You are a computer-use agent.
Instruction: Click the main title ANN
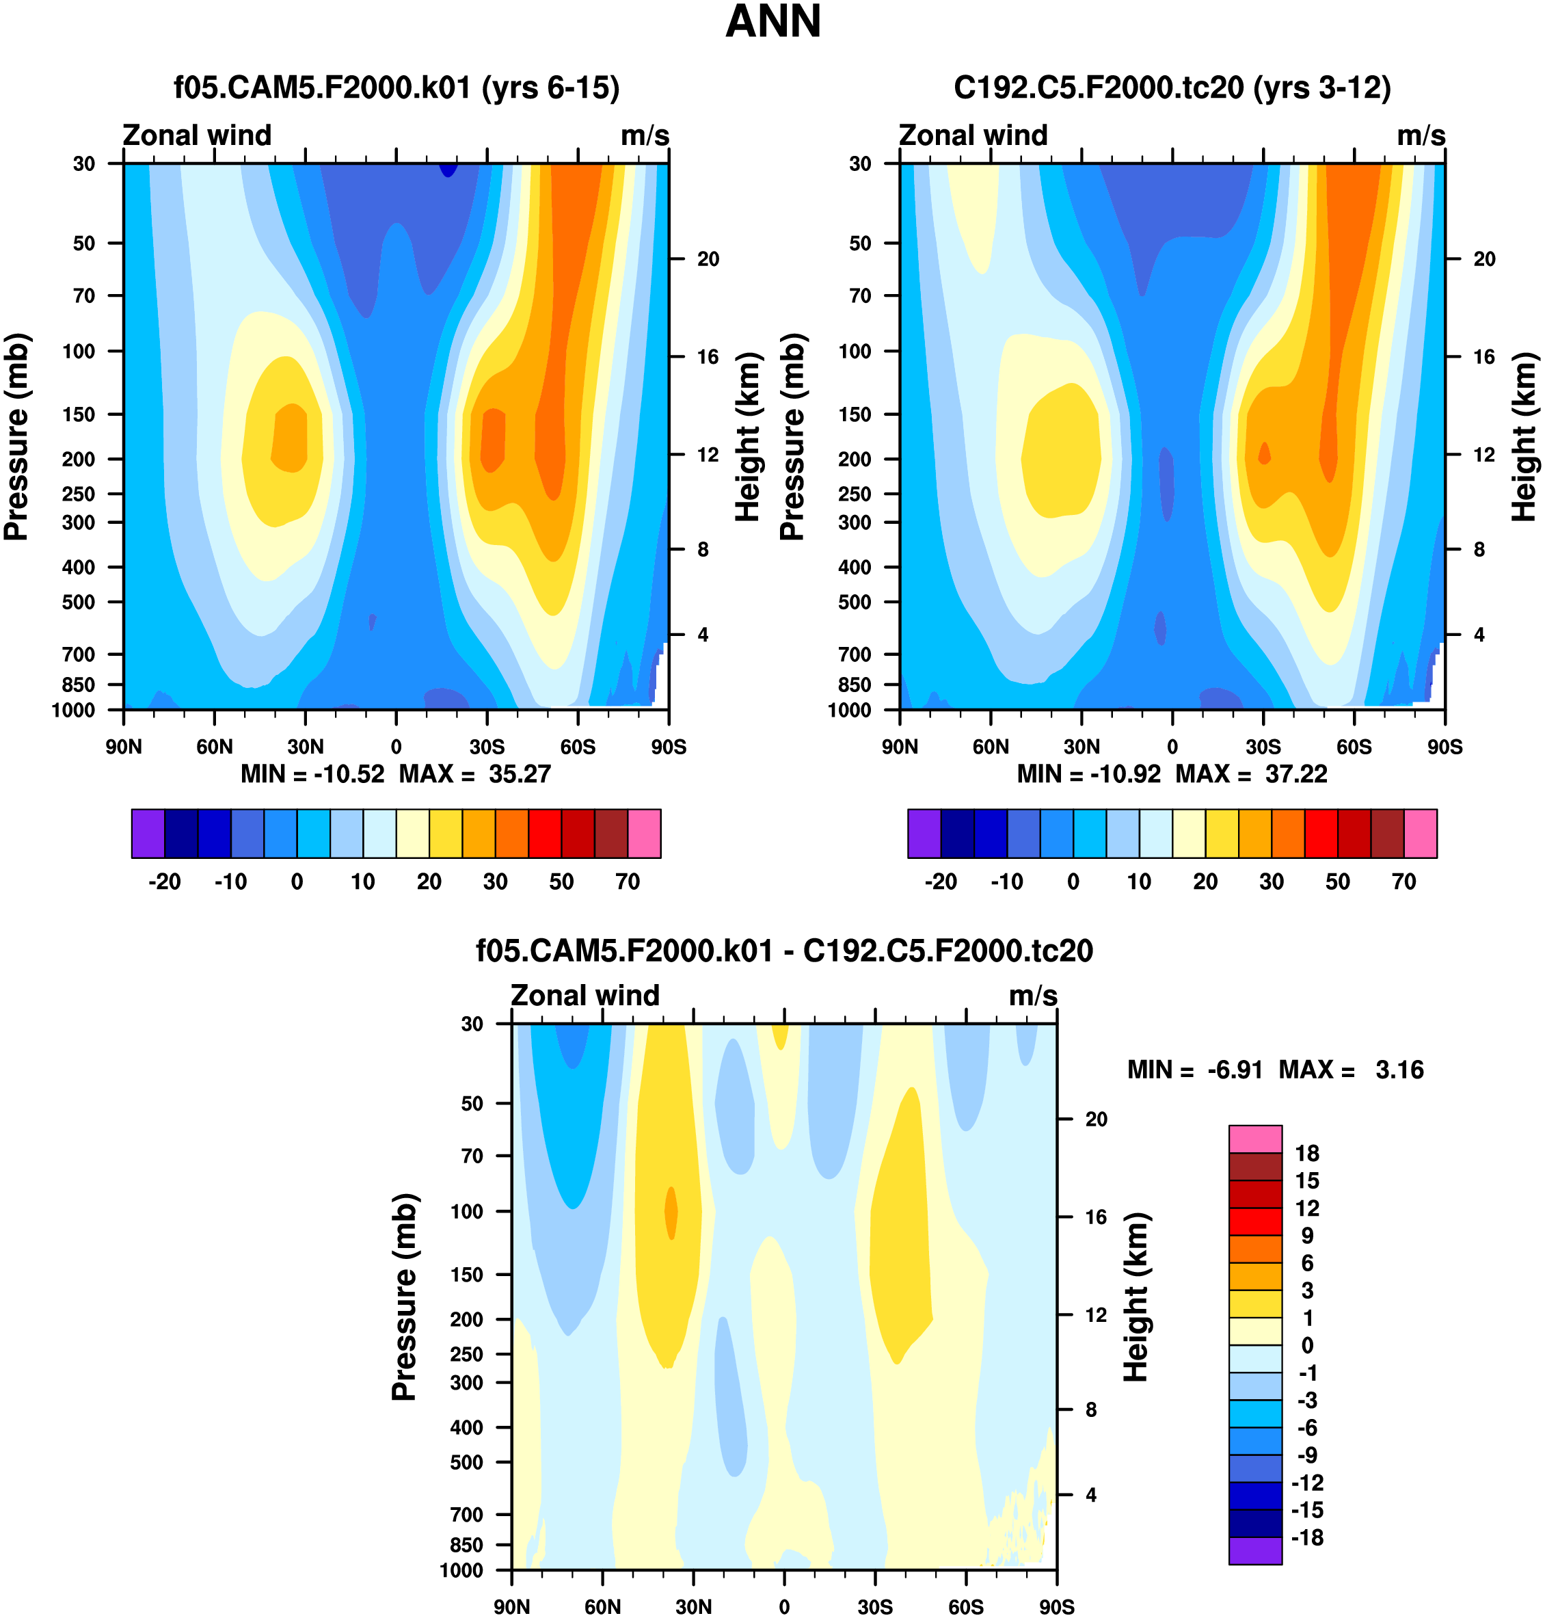pyautogui.click(x=772, y=23)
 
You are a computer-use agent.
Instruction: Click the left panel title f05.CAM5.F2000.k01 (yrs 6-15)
pyautogui.click(x=396, y=88)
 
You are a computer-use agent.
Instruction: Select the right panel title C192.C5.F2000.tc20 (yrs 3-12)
pyautogui.click(x=1172, y=88)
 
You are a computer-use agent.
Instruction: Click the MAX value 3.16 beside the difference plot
pyautogui.click(x=1399, y=1070)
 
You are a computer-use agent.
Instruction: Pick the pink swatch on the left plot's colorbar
pyautogui.click(x=644, y=834)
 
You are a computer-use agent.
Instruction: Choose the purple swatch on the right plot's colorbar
pyautogui.click(x=924, y=834)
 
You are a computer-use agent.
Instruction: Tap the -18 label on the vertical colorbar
pyautogui.click(x=1307, y=1537)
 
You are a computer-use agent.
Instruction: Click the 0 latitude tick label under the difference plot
pyautogui.click(x=784, y=1607)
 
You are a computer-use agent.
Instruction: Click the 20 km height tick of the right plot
pyautogui.click(x=1484, y=259)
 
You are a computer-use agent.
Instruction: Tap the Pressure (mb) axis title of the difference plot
pyautogui.click(x=405, y=1297)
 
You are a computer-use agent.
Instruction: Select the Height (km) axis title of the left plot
pyautogui.click(x=747, y=436)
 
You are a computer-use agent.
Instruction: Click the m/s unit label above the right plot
pyautogui.click(x=1421, y=136)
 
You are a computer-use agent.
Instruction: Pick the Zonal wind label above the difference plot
pyautogui.click(x=585, y=996)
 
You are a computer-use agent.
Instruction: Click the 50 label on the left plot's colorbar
pyautogui.click(x=561, y=882)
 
